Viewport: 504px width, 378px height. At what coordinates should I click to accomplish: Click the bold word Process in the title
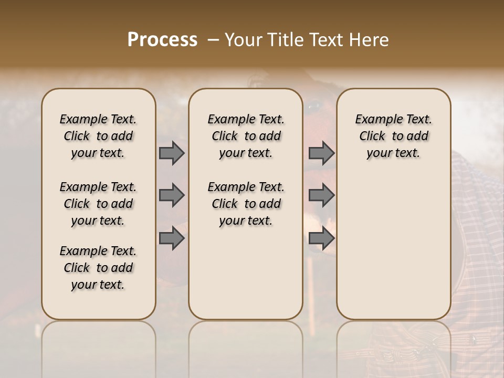click(x=162, y=40)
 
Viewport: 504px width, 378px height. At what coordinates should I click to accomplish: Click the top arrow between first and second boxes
click(x=171, y=153)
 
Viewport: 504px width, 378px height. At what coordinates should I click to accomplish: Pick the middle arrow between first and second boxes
click(x=171, y=195)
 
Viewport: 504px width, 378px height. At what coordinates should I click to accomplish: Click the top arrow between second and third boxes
click(x=321, y=153)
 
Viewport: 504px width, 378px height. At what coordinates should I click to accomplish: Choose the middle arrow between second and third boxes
click(x=321, y=195)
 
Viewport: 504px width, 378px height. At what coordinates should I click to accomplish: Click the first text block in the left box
click(x=98, y=136)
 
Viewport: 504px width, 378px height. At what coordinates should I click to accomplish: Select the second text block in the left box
click(x=98, y=204)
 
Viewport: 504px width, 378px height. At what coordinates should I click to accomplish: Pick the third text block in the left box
click(x=98, y=268)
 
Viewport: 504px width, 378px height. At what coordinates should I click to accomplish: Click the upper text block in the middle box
click(x=246, y=136)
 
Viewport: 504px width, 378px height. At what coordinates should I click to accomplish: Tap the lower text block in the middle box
click(x=246, y=204)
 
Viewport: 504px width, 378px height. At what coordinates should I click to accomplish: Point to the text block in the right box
click(x=394, y=136)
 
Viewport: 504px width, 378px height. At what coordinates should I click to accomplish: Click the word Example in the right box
click(x=375, y=119)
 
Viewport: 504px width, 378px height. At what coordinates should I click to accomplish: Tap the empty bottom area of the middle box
click(x=246, y=278)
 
